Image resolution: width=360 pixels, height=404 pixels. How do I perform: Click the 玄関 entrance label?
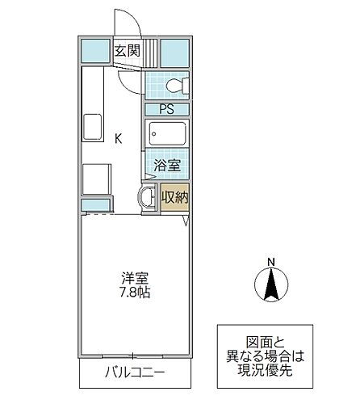[x=127, y=50]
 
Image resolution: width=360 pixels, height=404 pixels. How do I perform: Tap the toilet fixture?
[x=173, y=85]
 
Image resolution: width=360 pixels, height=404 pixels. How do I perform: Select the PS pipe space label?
[x=167, y=109]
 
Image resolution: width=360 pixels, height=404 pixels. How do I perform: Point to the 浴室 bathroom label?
[x=167, y=166]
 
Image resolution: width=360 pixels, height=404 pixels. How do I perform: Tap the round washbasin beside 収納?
[x=147, y=197]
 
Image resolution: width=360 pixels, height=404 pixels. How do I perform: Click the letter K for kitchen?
[x=118, y=139]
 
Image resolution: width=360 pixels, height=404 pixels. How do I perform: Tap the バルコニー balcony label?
[x=134, y=373]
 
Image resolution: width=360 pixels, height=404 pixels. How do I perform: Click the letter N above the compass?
[x=272, y=261]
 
